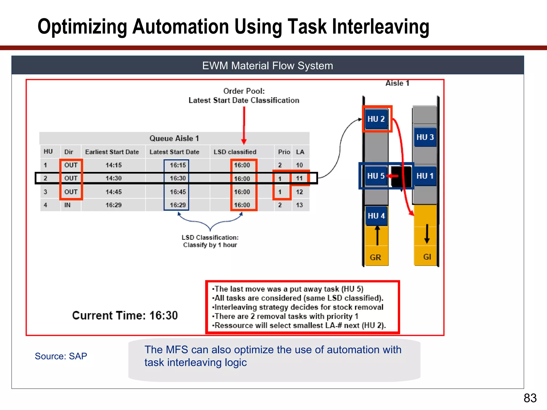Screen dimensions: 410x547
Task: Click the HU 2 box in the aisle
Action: pyautogui.click(x=376, y=119)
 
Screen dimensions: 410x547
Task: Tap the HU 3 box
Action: pyautogui.click(x=425, y=137)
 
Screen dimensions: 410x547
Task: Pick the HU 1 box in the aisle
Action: pyautogui.click(x=425, y=176)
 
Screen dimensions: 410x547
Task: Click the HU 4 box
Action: pyautogui.click(x=376, y=216)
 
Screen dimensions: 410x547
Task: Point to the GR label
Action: pyautogui.click(x=375, y=257)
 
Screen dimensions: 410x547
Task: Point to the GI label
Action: pyautogui.click(x=427, y=257)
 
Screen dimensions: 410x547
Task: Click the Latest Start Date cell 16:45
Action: pyautogui.click(x=178, y=192)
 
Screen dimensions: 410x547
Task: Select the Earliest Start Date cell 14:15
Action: pyautogui.click(x=114, y=165)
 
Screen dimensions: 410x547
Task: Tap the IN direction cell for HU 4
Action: pyautogui.click(x=67, y=205)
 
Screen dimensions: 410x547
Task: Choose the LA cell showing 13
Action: pyautogui.click(x=299, y=205)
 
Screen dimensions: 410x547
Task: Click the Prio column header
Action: pyautogui.click(x=284, y=152)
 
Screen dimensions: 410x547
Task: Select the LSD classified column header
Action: pyautogui.click(x=235, y=152)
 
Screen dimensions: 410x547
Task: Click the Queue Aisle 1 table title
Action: pyautogui.click(x=174, y=138)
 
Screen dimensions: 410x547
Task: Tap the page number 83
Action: pyautogui.click(x=530, y=398)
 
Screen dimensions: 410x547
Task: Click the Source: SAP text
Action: pyautogui.click(x=61, y=356)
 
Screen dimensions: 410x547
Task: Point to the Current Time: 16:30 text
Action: pyautogui.click(x=125, y=316)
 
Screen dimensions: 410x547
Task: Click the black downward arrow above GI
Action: pyautogui.click(x=427, y=234)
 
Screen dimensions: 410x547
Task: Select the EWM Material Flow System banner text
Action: pyautogui.click(x=267, y=66)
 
